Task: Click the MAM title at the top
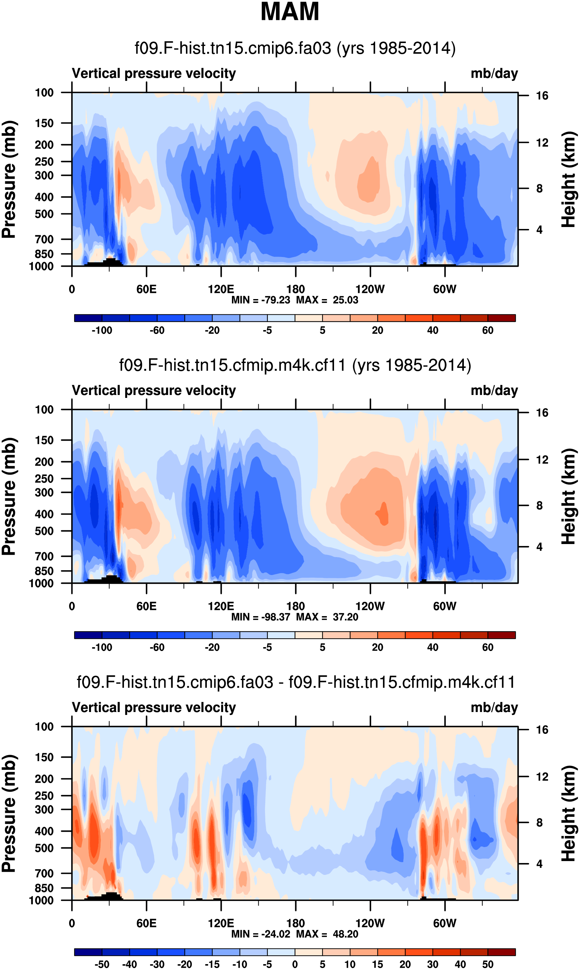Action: pyautogui.click(x=290, y=12)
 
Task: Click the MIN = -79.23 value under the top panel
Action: pyautogui.click(x=260, y=300)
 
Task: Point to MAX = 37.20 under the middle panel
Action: pyautogui.click(x=327, y=617)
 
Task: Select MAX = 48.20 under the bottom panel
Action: pyautogui.click(x=327, y=934)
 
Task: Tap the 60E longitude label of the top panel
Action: pyautogui.click(x=146, y=290)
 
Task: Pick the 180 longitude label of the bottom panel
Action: pyautogui.click(x=296, y=923)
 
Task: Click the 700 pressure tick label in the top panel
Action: pyautogui.click(x=44, y=239)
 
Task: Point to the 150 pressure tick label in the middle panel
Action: pyautogui.click(x=44, y=440)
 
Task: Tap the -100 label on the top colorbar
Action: pyautogui.click(x=102, y=330)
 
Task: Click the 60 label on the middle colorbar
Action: pyautogui.click(x=487, y=647)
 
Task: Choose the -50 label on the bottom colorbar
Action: pyautogui.click(x=102, y=964)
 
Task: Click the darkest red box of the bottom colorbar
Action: pyautogui.click(x=501, y=952)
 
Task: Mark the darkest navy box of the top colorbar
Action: pyautogui.click(x=88, y=318)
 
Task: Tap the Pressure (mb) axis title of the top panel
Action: pyautogui.click(x=8, y=179)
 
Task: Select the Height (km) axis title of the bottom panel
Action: pyautogui.click(x=569, y=813)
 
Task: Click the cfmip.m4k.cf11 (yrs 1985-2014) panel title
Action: pyautogui.click(x=295, y=365)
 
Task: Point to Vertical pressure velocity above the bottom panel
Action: pyautogui.click(x=154, y=707)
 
